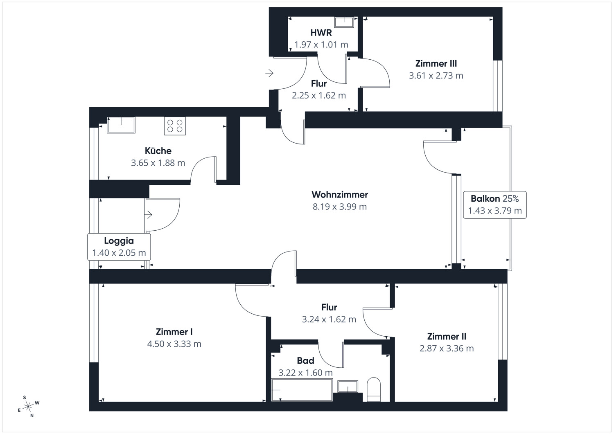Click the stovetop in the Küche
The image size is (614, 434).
(175, 126)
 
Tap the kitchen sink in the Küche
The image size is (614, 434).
(121, 125)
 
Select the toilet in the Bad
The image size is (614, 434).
(374, 389)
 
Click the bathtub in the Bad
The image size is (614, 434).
(302, 390)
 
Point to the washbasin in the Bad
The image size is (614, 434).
(348, 387)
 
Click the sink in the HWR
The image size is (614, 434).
(344, 22)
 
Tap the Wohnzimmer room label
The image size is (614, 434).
(340, 195)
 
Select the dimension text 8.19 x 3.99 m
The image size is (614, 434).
(340, 207)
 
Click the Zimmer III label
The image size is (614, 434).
(436, 63)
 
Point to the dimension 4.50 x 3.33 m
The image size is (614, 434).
(174, 344)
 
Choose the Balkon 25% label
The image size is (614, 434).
(495, 199)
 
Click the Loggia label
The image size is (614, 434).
(119, 241)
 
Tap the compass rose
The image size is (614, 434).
(28, 407)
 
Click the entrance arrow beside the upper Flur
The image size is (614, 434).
(269, 73)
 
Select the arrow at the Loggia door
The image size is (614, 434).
(148, 214)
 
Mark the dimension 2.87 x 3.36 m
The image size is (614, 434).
(447, 349)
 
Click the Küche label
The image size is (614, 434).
(158, 151)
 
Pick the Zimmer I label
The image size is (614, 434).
(174, 332)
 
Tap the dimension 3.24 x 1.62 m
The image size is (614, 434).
(329, 319)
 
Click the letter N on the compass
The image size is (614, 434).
(32, 415)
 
